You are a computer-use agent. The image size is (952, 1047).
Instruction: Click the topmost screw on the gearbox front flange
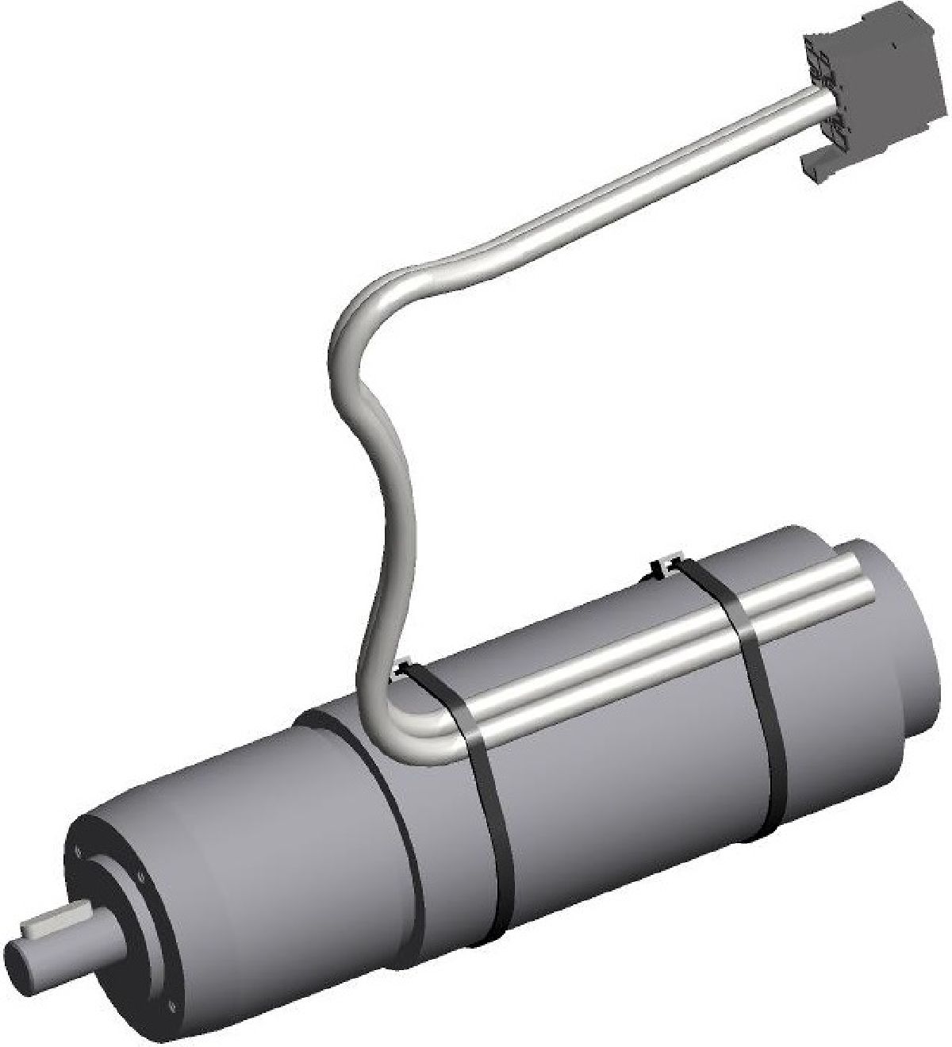click(x=78, y=853)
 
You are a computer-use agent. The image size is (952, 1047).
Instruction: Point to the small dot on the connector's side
click(x=893, y=47)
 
